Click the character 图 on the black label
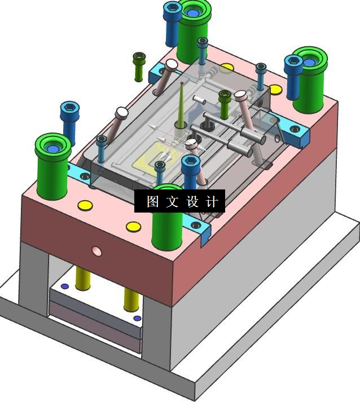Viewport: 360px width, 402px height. [153, 201]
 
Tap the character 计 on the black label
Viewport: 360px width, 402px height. [212, 201]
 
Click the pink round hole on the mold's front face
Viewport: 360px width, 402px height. [96, 251]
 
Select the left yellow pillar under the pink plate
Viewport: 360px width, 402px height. [82, 277]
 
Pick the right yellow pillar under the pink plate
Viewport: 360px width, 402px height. [131, 299]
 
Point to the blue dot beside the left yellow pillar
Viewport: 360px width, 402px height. [64, 286]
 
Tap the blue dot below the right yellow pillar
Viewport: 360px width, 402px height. [137, 319]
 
